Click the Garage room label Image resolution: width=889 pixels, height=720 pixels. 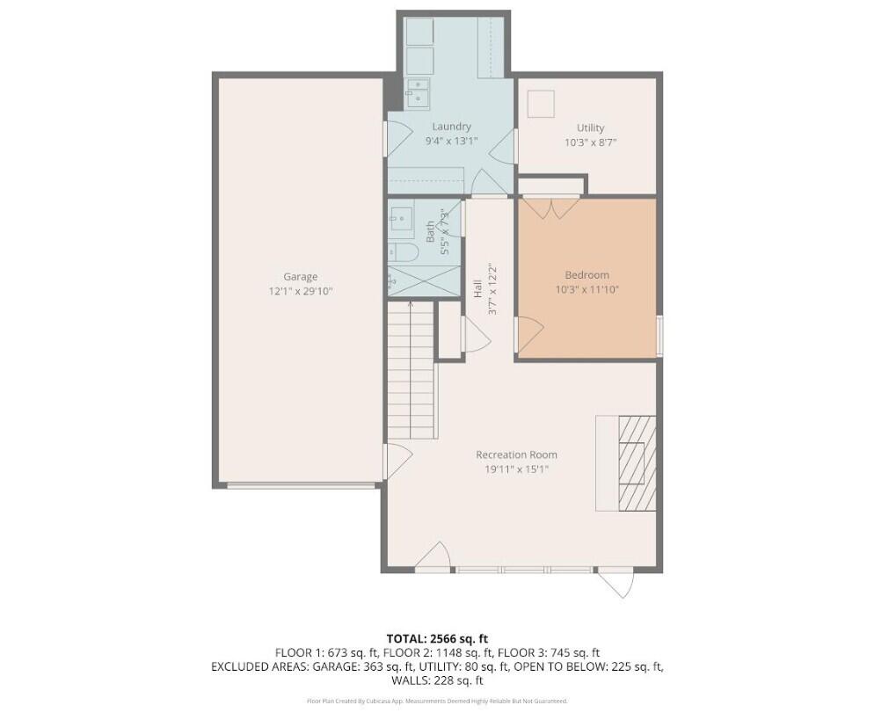[x=300, y=276]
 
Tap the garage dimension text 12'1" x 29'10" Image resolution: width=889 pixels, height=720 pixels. [x=300, y=290]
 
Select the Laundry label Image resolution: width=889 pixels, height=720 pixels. [x=451, y=127]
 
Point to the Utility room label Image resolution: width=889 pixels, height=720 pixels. [x=590, y=127]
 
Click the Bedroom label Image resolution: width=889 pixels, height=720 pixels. [x=587, y=275]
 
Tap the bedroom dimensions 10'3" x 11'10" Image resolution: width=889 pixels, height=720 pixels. [x=587, y=289]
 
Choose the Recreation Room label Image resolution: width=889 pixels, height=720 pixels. [x=516, y=455]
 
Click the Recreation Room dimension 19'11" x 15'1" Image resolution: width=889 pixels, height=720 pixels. [x=516, y=469]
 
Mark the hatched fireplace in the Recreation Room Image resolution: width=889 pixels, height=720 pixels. [x=637, y=462]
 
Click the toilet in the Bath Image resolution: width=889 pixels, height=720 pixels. [x=405, y=253]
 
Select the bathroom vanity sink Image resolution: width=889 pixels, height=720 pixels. [x=401, y=217]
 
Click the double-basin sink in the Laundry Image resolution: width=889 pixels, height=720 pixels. [x=417, y=91]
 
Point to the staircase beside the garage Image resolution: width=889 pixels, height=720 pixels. [x=411, y=369]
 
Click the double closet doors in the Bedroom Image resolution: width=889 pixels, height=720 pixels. [x=550, y=207]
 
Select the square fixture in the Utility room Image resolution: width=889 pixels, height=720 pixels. [x=542, y=104]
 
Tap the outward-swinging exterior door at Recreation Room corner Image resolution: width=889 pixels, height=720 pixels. [x=616, y=583]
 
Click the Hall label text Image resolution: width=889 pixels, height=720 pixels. [x=477, y=287]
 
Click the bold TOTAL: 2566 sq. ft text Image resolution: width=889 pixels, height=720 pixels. [x=437, y=638]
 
